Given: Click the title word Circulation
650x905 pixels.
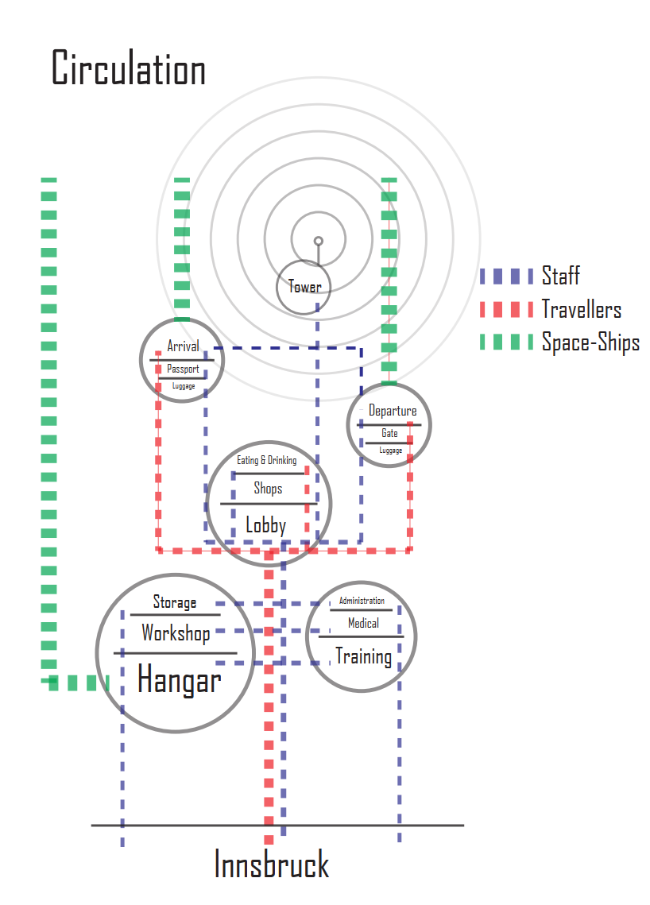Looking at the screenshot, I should point(129,68).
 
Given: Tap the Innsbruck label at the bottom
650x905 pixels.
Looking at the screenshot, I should point(272,864).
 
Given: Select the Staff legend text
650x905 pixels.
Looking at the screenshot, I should point(560,277).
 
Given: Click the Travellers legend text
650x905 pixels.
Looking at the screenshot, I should point(581,309).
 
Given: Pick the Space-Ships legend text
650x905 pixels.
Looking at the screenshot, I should point(590,342).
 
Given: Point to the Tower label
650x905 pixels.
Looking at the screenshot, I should point(304,287).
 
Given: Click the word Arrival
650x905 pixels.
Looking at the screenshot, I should point(183,346).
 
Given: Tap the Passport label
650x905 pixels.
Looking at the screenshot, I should point(183,369).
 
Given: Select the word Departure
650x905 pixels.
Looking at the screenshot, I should point(392,411).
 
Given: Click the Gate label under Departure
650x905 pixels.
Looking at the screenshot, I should point(389,433).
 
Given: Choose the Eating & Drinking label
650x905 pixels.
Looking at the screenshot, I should point(266,460).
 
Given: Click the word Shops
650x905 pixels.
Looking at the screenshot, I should point(268,488).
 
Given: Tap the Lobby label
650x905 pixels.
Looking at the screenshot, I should point(265,525).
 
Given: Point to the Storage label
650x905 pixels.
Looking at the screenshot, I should point(174,602).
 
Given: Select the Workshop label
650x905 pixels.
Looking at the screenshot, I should point(176,633).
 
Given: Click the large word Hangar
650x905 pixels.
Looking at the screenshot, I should point(179,680).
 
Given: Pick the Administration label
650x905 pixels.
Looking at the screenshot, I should point(362,601).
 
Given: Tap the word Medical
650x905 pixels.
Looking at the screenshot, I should point(363,623).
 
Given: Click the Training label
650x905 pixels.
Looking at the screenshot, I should point(363,656).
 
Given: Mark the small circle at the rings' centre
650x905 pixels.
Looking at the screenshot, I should point(318,241).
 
